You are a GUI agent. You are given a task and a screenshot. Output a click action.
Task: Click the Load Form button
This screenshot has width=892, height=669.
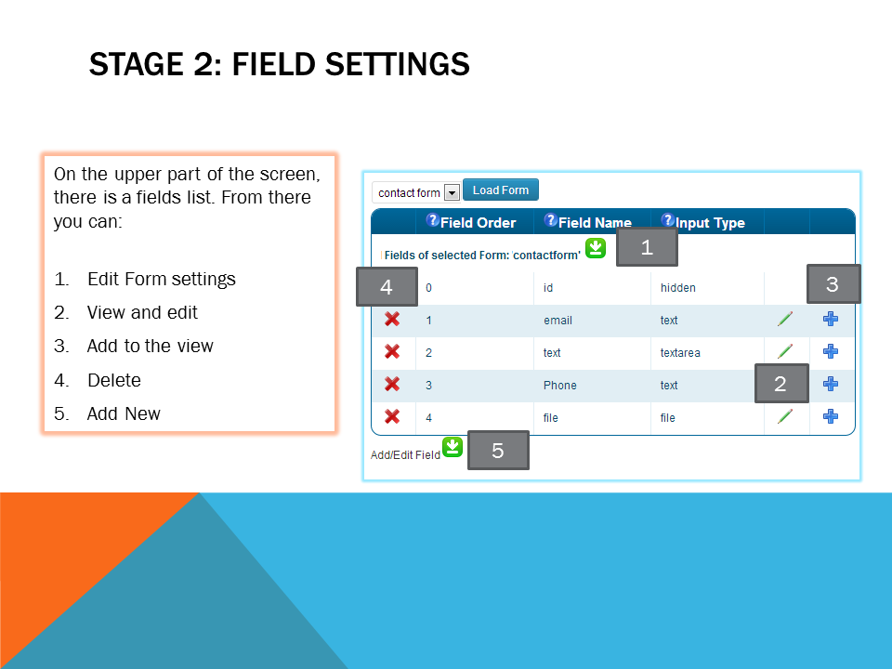click(x=501, y=190)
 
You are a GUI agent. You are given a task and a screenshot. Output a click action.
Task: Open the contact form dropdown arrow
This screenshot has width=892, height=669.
click(x=452, y=193)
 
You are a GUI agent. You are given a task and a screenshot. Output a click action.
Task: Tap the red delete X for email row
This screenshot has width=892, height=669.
click(x=392, y=319)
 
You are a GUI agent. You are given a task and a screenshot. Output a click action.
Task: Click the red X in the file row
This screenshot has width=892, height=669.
click(x=392, y=416)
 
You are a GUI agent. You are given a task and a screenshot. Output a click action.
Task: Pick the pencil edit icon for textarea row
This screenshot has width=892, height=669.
click(x=785, y=351)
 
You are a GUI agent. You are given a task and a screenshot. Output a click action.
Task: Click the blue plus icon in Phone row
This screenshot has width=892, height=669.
click(x=831, y=384)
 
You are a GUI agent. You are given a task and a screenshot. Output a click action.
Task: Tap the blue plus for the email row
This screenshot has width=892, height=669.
click(x=831, y=319)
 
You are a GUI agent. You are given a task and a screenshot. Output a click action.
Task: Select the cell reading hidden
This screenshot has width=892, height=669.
click(x=678, y=288)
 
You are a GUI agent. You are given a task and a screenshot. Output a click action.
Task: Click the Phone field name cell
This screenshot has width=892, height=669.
click(x=559, y=385)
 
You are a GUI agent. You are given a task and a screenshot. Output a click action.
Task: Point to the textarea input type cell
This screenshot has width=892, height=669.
click(x=680, y=353)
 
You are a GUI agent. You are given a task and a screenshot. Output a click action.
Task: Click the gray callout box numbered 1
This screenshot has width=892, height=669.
click(x=647, y=247)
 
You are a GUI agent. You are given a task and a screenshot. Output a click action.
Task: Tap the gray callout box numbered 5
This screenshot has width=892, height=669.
click(x=498, y=451)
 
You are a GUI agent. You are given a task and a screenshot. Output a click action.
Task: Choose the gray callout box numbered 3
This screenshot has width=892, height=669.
click(x=833, y=284)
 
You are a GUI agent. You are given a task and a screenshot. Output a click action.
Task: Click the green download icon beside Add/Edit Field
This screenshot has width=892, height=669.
click(x=453, y=447)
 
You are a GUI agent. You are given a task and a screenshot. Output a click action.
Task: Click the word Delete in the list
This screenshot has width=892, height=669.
click(x=114, y=380)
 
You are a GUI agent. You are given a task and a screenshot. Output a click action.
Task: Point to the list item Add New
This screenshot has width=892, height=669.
click(x=124, y=413)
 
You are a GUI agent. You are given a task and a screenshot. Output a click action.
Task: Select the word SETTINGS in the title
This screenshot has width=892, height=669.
click(x=397, y=64)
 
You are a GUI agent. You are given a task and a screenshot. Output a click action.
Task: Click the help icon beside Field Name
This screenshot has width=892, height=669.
click(x=551, y=220)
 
